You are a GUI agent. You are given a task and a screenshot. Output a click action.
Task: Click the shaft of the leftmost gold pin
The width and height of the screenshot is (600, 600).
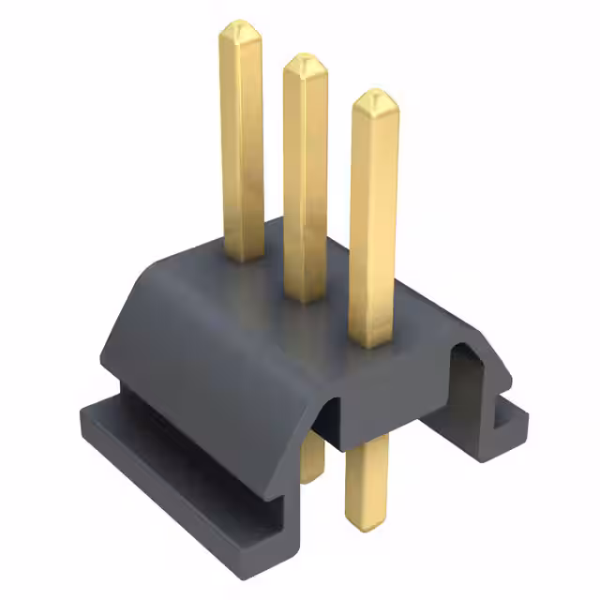(242, 141)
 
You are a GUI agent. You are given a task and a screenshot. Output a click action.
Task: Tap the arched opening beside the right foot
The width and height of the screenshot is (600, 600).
(469, 370)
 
